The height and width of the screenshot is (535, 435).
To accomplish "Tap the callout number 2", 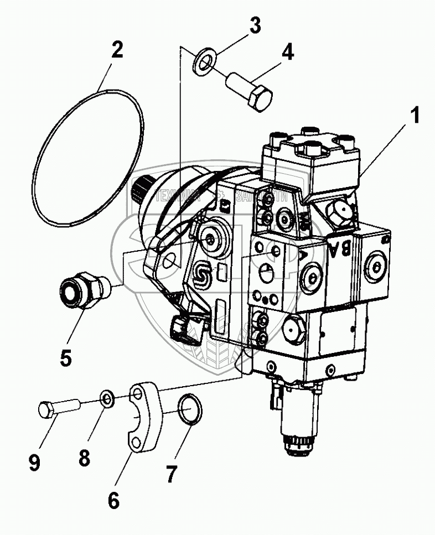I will [x=116, y=51].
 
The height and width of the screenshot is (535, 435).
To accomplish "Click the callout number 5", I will [x=65, y=357].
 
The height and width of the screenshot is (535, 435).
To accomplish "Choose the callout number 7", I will [x=172, y=474].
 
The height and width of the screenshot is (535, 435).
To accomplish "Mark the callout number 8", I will [x=84, y=457].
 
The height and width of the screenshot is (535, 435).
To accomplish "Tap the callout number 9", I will [x=34, y=463].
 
